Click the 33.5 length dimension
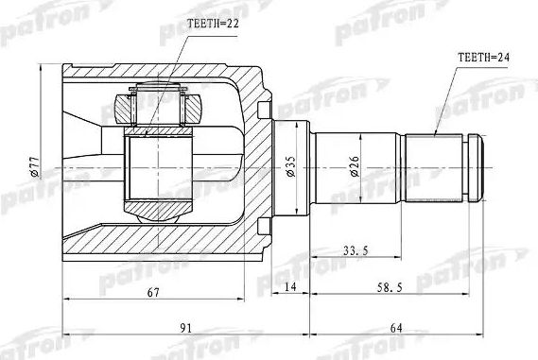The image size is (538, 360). point(355,250)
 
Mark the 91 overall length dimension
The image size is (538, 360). point(185,327)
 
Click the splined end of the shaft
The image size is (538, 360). point(437,168)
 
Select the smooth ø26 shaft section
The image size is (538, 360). point(359,168)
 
